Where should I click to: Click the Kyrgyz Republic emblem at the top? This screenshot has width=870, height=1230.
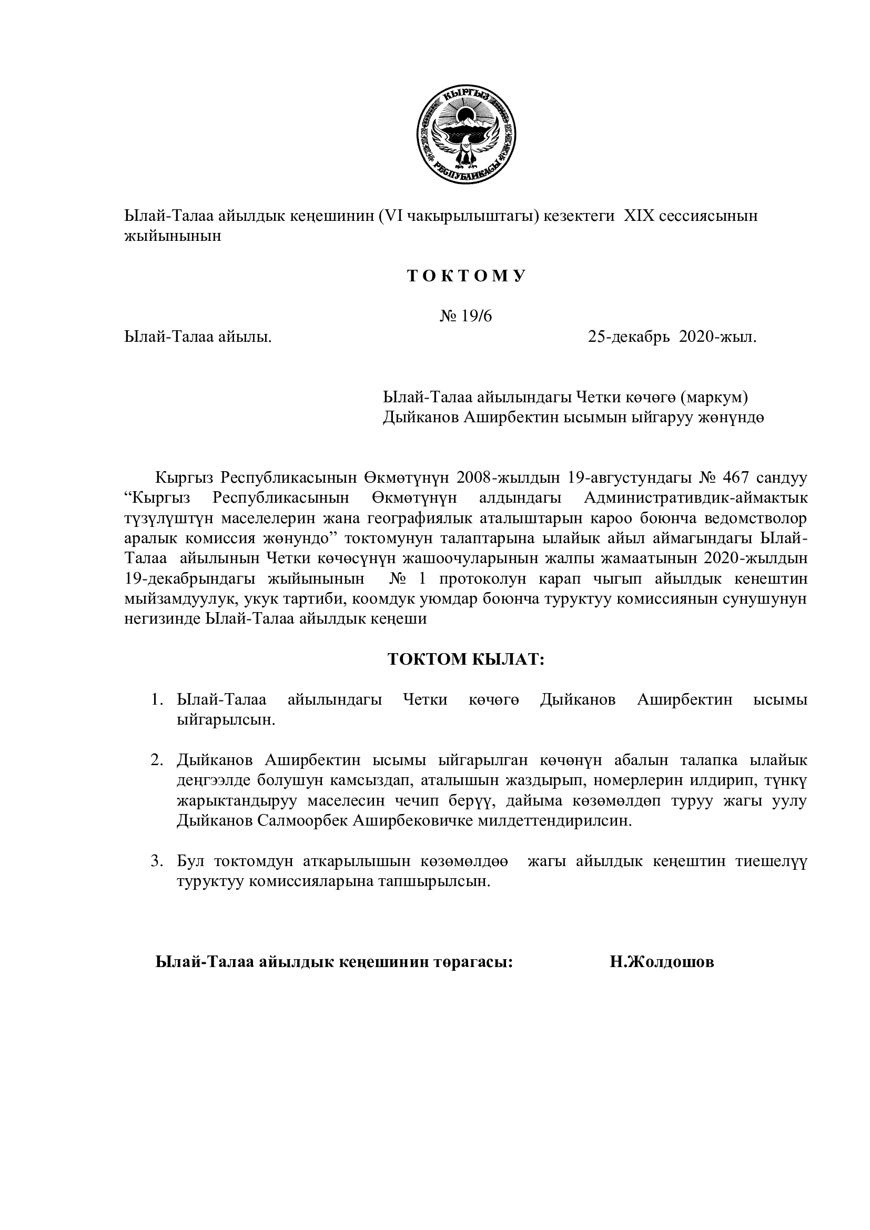click(466, 136)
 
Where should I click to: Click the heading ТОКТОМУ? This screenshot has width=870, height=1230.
click(466, 277)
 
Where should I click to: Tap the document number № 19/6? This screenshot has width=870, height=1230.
click(466, 316)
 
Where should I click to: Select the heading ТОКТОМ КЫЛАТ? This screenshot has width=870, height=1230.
click(466, 659)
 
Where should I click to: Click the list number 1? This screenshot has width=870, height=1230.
click(156, 699)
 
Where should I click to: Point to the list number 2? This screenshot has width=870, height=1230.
click(156, 760)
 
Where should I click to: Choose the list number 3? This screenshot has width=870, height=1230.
click(156, 861)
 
